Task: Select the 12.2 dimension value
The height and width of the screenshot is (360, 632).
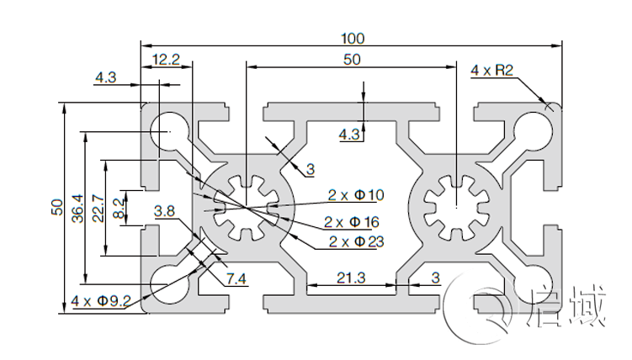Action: click(165, 59)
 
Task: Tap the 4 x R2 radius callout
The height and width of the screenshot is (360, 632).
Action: click(492, 71)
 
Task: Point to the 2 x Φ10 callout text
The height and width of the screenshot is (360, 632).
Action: click(355, 195)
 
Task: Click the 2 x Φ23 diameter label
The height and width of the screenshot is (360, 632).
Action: click(356, 242)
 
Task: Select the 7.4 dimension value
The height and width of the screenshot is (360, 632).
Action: click(237, 280)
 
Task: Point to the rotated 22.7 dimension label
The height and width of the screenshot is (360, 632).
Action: click(98, 207)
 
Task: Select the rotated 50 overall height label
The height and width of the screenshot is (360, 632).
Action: click(56, 207)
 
